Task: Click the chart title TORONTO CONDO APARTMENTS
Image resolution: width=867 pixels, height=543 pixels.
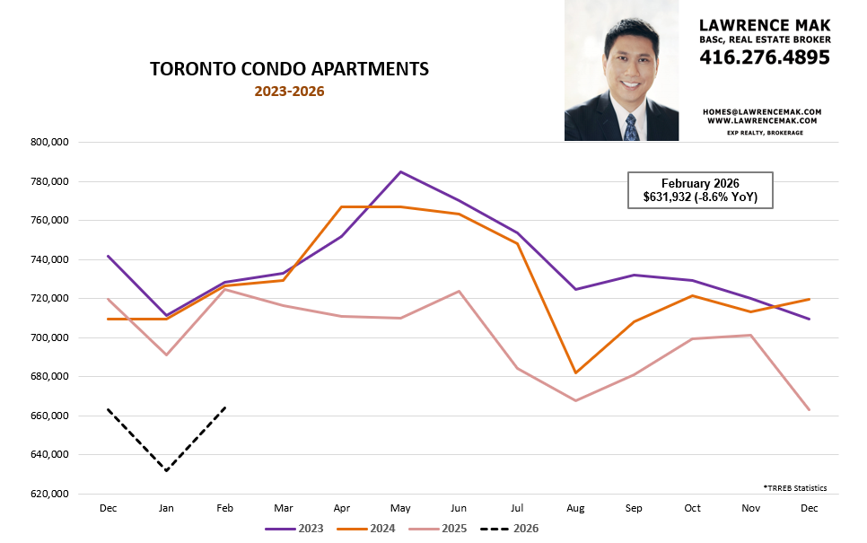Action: click(288, 69)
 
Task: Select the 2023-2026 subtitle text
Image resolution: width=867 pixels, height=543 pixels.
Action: click(289, 92)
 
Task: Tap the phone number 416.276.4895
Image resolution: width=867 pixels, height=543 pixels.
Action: click(765, 57)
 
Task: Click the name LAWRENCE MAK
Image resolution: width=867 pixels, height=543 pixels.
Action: click(765, 24)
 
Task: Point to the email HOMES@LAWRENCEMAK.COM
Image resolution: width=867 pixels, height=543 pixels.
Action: click(763, 111)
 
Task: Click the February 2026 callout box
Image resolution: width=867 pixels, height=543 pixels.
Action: click(699, 190)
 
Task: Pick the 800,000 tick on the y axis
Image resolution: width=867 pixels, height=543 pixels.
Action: click(50, 143)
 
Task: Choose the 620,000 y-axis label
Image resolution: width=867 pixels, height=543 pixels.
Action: click(50, 495)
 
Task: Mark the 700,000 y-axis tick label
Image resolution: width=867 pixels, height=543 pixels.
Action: click(50, 338)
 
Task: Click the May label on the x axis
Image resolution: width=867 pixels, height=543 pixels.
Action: click(400, 508)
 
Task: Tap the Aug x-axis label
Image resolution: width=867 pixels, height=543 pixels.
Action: click(576, 508)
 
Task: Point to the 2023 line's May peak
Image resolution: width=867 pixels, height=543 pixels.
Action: click(400, 171)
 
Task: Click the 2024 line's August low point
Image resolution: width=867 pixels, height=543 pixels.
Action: click(576, 372)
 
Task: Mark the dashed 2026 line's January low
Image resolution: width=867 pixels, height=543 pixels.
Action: click(166, 470)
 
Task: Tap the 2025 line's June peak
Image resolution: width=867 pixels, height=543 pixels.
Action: click(459, 291)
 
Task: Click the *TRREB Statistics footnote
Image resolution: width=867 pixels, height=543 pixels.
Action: click(795, 488)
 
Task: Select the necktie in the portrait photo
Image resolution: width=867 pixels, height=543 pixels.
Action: click(631, 127)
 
